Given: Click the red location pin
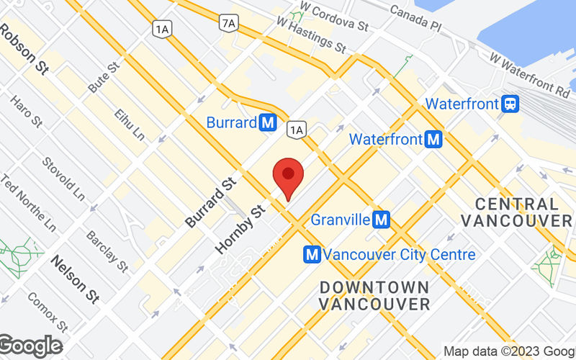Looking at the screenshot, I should (288, 175).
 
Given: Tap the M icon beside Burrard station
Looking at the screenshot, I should (268, 122).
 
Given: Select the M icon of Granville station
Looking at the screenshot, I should (382, 219).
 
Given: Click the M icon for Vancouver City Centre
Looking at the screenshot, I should (312, 254).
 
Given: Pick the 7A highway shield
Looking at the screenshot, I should (229, 23).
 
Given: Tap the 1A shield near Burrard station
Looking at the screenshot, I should (296, 129).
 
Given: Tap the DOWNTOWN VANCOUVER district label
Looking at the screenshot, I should (374, 294).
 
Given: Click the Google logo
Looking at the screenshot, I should (30, 346).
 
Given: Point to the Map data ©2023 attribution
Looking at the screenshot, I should (508, 351).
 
